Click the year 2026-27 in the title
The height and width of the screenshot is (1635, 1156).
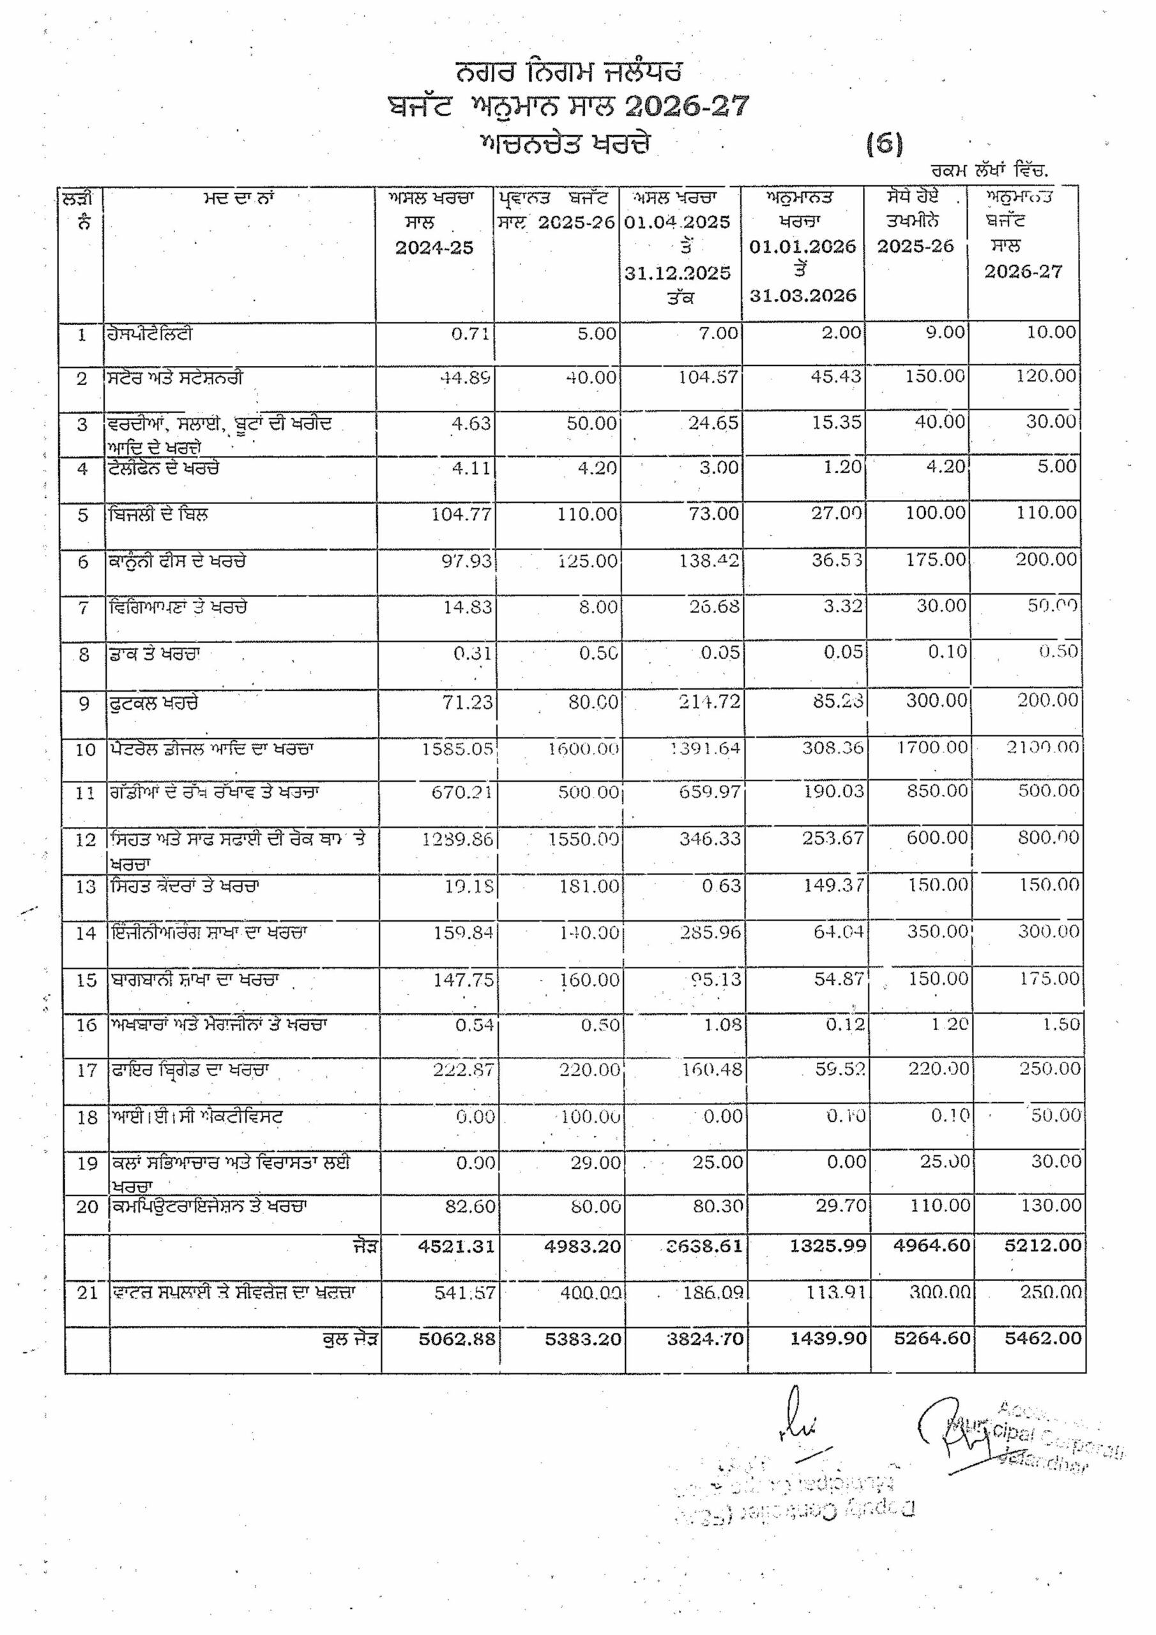point(687,107)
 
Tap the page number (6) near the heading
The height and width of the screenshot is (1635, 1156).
point(884,144)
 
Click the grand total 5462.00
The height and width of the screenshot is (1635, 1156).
point(1043,1338)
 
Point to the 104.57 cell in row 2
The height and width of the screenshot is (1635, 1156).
point(708,377)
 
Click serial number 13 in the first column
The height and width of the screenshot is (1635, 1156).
point(86,887)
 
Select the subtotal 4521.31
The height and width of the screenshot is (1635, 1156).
point(457,1245)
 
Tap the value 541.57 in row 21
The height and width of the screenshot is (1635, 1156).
point(464,1292)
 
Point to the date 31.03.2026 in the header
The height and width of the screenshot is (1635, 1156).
point(802,296)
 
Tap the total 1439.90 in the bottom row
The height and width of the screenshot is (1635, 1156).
point(828,1338)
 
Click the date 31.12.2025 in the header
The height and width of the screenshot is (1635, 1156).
point(678,273)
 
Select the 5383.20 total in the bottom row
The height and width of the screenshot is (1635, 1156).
point(582,1339)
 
